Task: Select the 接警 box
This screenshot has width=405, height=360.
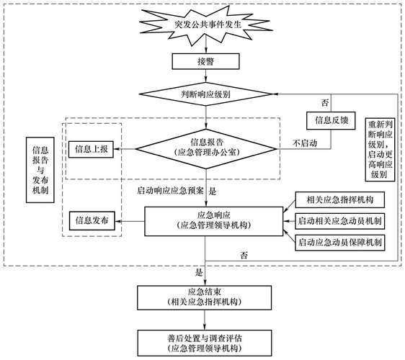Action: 207,63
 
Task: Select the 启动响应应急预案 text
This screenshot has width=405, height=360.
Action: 170,192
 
